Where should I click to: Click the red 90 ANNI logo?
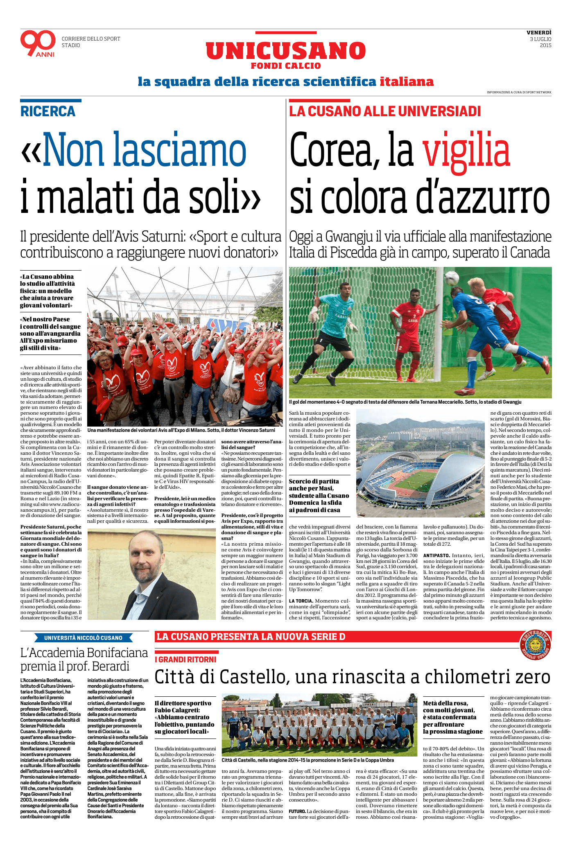pyautogui.click(x=38, y=43)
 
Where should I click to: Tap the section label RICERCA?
pyautogui.click(x=48, y=111)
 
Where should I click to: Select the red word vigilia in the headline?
pyautogui.click(x=466, y=151)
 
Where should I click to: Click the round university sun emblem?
pyautogui.click(x=535, y=646)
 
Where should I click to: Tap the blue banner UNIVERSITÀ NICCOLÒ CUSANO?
pyautogui.click(x=83, y=638)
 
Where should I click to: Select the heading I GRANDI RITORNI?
pyautogui.click(x=186, y=660)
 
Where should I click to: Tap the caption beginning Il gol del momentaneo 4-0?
pyautogui.click(x=405, y=402)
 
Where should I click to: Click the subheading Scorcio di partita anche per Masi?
pyautogui.click(x=319, y=495)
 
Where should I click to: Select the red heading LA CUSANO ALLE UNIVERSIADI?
pyautogui.click(x=385, y=111)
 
